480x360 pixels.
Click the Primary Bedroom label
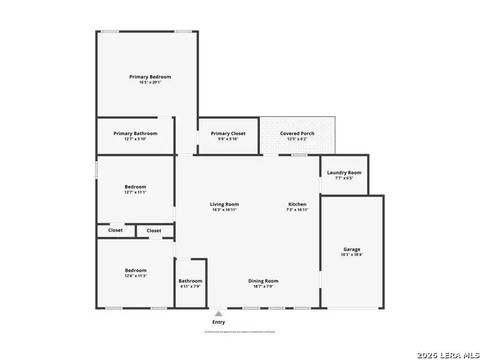[151, 77]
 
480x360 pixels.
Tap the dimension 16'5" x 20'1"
[151, 82]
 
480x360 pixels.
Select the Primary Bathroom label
[136, 133]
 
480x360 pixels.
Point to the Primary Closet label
[228, 133]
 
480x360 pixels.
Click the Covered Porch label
[297, 133]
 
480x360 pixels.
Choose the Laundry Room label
[344, 173]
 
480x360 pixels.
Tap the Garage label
[352, 249]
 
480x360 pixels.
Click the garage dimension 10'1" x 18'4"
[352, 254]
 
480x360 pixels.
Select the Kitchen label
[297, 204]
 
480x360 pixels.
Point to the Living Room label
[224, 204]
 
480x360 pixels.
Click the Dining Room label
[263, 281]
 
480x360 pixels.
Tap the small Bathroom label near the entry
[190, 281]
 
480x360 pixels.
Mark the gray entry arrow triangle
[219, 313]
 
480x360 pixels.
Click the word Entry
[218, 322]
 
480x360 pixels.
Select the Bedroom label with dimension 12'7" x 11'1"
[136, 187]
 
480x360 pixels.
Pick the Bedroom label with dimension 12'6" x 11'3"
[136, 270]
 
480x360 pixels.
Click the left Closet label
[115, 230]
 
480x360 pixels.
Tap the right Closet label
[154, 230]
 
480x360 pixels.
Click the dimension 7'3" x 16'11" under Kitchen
[297, 210]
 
